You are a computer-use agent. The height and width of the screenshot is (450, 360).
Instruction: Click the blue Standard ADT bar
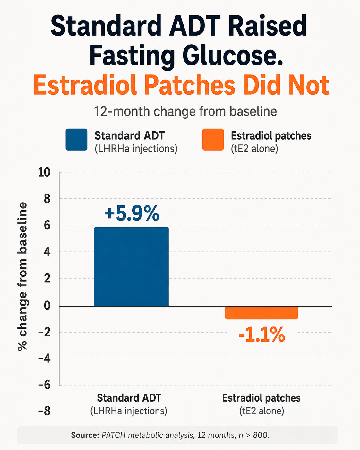click(x=131, y=267)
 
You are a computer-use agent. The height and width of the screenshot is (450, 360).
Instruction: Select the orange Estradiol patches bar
click(x=261, y=313)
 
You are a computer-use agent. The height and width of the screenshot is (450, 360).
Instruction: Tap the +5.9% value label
click(x=132, y=213)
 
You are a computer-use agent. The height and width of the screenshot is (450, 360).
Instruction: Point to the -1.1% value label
click(x=261, y=334)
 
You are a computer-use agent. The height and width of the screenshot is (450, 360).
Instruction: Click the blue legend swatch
click(x=76, y=140)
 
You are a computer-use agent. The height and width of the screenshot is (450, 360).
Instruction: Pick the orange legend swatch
click(x=213, y=140)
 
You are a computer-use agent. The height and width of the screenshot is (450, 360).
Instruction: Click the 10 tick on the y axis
click(x=44, y=172)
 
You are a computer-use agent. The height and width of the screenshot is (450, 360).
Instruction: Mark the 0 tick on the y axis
click(x=47, y=306)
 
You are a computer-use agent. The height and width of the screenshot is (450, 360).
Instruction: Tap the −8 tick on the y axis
click(x=44, y=411)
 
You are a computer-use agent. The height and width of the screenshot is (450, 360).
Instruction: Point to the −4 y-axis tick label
click(x=44, y=359)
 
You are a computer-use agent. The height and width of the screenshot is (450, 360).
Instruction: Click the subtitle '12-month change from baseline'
click(x=185, y=111)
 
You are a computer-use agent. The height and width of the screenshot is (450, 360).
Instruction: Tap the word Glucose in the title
click(x=233, y=56)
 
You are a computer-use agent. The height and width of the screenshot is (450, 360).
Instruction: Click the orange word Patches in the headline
click(x=190, y=85)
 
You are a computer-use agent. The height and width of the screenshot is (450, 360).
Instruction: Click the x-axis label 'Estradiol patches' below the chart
click(x=261, y=398)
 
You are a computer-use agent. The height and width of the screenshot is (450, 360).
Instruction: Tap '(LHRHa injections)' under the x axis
click(x=129, y=411)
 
